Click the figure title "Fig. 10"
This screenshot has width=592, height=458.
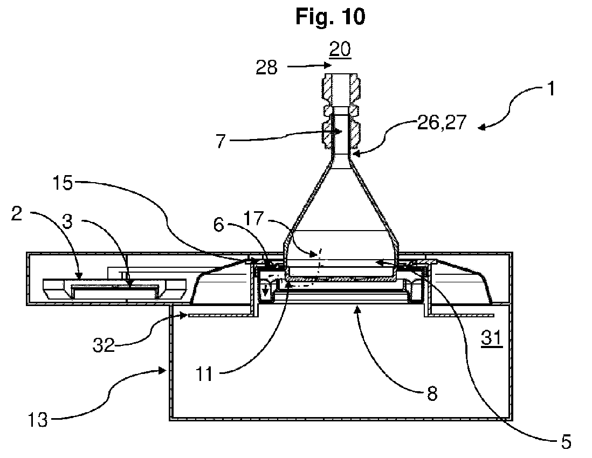[330, 17]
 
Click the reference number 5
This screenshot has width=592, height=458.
[565, 442]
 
